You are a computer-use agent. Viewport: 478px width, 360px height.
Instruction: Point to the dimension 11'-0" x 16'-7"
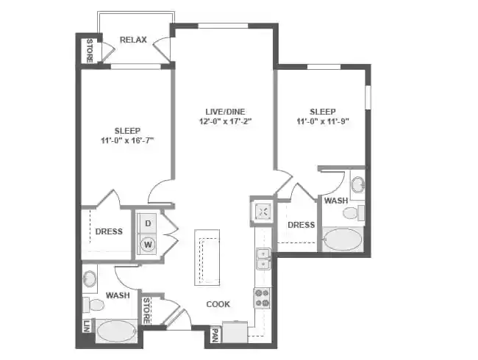(126, 140)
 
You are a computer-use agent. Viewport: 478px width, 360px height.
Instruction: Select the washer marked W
(148, 244)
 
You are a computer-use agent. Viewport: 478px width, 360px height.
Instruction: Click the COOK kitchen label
(218, 303)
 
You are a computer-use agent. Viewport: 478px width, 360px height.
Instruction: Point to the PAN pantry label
(214, 336)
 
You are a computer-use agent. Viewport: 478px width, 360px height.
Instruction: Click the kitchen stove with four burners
(262, 298)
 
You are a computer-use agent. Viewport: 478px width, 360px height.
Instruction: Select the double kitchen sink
(263, 259)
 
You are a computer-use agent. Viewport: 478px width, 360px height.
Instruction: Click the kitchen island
(207, 257)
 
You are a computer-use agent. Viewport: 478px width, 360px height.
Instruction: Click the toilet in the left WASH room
(95, 304)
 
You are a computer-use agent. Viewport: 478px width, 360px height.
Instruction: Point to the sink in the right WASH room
(357, 184)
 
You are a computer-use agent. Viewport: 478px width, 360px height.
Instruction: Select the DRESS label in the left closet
(109, 231)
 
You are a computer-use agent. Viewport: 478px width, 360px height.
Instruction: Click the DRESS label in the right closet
(301, 225)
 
